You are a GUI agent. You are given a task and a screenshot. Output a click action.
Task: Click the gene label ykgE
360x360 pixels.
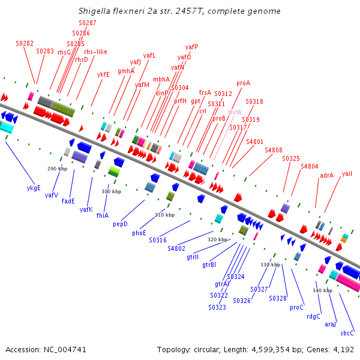(x=34, y=188)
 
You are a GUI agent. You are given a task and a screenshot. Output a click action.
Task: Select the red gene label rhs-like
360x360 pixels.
(x=95, y=52)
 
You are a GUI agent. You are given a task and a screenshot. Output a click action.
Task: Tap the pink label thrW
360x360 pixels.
(x=235, y=112)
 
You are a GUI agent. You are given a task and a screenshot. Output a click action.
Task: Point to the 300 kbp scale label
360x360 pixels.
(x=111, y=191)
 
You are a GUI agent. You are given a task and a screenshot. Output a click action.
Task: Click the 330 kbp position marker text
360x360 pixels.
(x=270, y=265)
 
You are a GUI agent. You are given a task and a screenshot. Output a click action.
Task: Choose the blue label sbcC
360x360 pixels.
(x=347, y=333)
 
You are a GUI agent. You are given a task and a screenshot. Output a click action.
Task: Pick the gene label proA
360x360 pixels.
(x=243, y=83)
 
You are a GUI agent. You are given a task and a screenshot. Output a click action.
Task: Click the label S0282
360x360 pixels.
(x=25, y=44)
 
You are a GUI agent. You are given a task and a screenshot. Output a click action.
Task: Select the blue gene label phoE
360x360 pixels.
(x=139, y=232)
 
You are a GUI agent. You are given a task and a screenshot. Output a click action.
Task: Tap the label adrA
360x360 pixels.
(x=326, y=175)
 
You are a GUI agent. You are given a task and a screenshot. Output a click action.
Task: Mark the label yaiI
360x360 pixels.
(x=347, y=173)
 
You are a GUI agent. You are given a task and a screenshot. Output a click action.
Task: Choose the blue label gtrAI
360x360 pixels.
(x=221, y=283)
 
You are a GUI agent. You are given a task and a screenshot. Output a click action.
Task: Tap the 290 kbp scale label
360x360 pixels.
(x=58, y=169)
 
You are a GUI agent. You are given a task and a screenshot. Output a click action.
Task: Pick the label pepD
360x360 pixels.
(x=120, y=224)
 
